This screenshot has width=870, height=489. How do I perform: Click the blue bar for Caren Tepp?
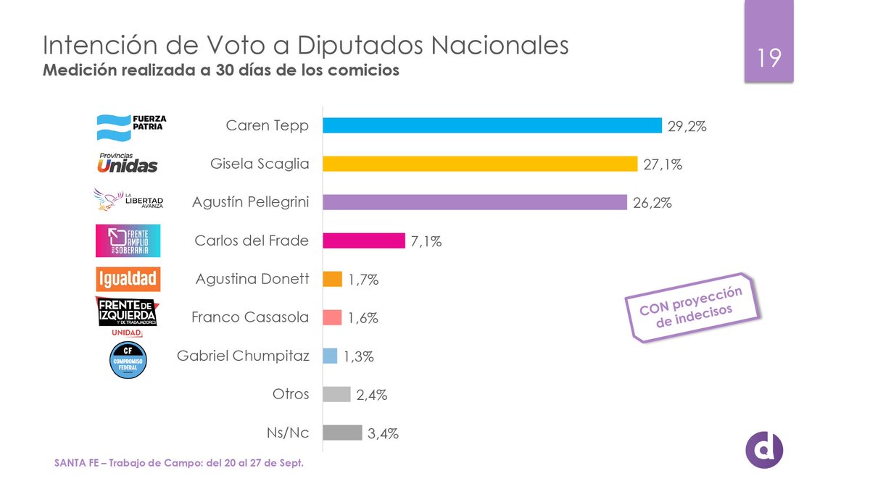(x=492, y=125)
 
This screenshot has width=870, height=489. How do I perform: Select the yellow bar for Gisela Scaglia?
(x=479, y=164)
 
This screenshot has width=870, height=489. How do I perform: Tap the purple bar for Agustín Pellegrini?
(x=474, y=202)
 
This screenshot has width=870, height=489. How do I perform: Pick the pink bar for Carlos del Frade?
(x=363, y=241)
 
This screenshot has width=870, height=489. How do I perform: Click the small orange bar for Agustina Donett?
(x=332, y=279)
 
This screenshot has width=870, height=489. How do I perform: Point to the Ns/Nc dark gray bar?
(x=341, y=432)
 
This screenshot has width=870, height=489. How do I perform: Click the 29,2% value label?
(x=687, y=126)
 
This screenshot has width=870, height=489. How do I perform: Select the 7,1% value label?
(x=427, y=241)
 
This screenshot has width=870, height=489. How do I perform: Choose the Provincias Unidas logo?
(x=127, y=163)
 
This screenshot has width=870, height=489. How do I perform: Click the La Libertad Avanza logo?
(x=129, y=201)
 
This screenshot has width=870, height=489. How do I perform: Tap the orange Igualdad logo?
(x=128, y=279)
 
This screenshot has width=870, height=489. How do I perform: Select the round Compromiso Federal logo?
(x=128, y=359)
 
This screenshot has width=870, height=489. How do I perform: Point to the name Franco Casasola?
(x=250, y=317)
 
